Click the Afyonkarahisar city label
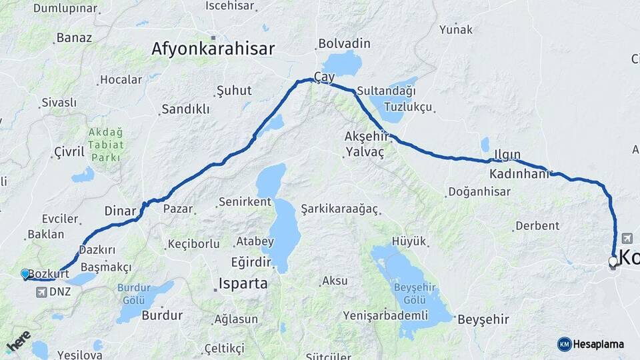213,49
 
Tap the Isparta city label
243,283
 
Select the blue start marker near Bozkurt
25,273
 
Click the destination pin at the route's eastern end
613,261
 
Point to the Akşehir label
365,136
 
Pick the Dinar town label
120,211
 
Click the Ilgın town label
507,155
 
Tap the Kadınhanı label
519,174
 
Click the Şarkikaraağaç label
339,209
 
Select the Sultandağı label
386,90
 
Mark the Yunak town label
456,29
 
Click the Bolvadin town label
344,43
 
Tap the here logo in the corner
18,341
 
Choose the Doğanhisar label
479,192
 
